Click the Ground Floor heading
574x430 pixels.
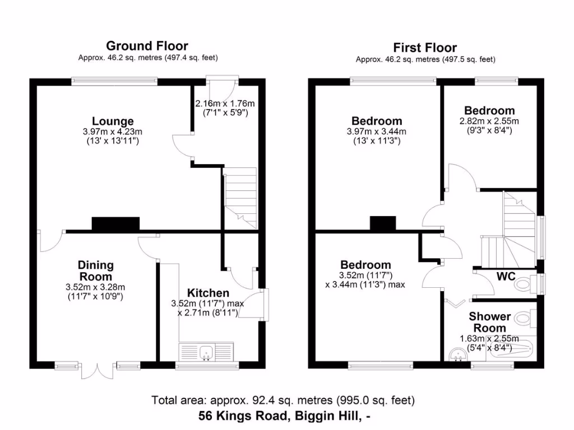pos(147,46)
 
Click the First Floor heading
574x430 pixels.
pos(424,48)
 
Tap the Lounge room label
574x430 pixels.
pos(113,121)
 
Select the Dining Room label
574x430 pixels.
pos(95,270)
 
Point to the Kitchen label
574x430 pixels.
pos(208,293)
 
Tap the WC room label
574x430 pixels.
pos(506,276)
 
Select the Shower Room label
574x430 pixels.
pos(490,322)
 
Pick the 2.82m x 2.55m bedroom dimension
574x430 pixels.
pos(489,121)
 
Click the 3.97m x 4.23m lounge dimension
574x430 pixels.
pos(113,132)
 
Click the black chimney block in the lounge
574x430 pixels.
pos(115,223)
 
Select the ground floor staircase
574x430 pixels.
pos(240,199)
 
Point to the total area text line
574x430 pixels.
pos(283,400)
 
